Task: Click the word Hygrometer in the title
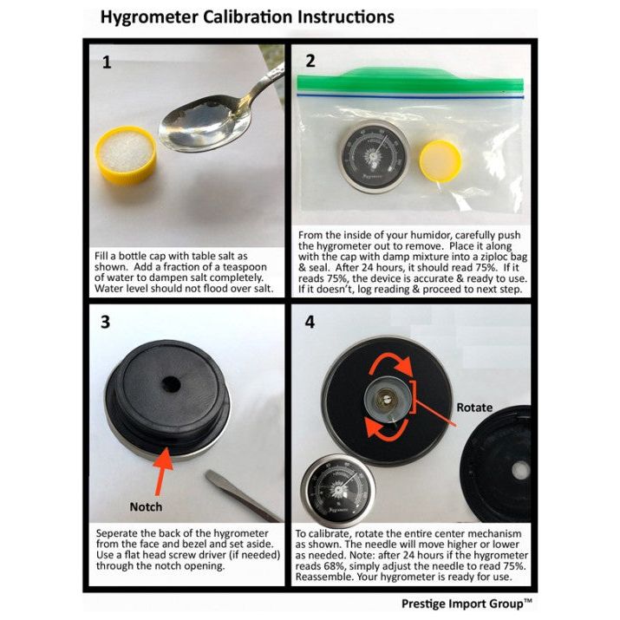[148, 17]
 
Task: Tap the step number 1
[107, 62]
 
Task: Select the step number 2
[310, 61]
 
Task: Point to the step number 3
[105, 322]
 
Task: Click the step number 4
[310, 322]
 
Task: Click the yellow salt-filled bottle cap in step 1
[126, 155]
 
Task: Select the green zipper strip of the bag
[410, 81]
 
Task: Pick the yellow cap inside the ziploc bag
[441, 161]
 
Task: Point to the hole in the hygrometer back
[171, 384]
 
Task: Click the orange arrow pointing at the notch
[162, 471]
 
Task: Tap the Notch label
[146, 506]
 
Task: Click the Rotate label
[474, 408]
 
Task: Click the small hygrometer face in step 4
[338, 491]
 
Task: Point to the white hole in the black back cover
[521, 471]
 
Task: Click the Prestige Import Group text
[467, 604]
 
